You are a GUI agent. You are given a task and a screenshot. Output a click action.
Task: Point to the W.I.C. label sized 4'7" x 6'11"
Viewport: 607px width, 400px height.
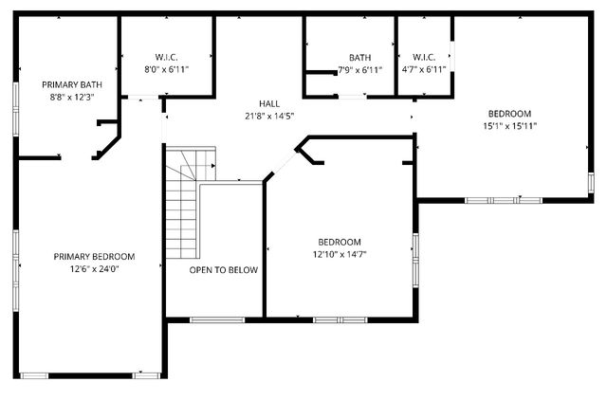tap(423, 57)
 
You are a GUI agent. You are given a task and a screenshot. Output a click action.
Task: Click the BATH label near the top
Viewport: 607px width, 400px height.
tap(359, 57)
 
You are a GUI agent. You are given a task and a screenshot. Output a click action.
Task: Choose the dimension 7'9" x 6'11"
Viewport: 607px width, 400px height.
tap(359, 69)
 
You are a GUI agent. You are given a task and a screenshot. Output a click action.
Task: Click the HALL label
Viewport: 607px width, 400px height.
tap(270, 103)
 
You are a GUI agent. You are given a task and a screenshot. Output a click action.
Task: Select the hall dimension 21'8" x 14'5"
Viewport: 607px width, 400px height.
tap(270, 116)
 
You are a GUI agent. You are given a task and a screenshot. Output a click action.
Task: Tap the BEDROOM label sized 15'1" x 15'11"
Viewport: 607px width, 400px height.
tap(509, 113)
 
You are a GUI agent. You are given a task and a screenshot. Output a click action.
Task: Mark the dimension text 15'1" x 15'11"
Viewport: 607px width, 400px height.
tap(509, 125)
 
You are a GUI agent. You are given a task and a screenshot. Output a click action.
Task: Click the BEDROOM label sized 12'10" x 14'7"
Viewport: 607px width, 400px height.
tap(339, 242)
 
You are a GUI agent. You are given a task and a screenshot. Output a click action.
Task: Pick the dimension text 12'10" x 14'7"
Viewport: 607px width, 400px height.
tap(339, 254)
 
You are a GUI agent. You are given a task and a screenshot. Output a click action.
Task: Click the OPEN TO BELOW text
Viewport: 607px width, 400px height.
tap(223, 270)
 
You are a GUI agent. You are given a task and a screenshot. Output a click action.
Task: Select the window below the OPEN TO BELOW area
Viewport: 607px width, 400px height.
tap(215, 319)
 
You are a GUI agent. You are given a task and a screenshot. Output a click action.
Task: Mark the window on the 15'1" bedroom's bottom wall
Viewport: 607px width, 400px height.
tap(503, 199)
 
